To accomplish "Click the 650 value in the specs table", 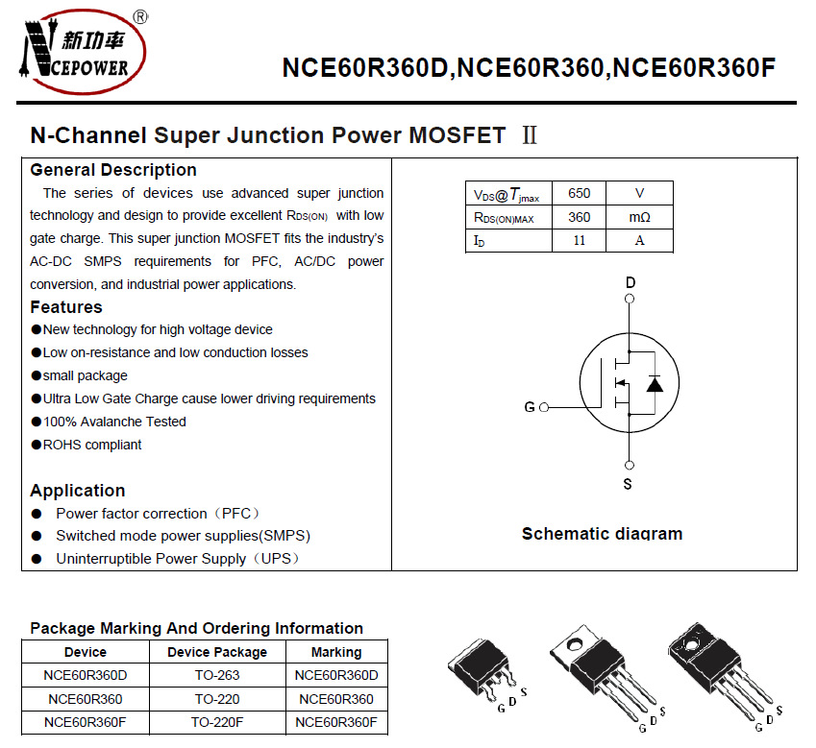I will click(579, 193).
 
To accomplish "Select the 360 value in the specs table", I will click(579, 217).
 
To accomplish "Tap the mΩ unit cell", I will click(639, 217).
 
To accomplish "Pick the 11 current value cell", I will click(579, 240).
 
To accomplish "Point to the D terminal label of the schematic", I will click(631, 282).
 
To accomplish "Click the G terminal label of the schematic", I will click(529, 407).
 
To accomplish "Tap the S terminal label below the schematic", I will click(628, 484).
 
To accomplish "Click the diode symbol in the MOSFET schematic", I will click(655, 385).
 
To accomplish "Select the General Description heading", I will click(113, 170).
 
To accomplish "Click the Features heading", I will click(65, 307).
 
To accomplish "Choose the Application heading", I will click(77, 491).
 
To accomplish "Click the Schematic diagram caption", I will click(602, 534).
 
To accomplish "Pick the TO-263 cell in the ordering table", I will click(217, 675).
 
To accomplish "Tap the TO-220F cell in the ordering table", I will click(217, 722).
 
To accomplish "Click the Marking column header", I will click(336, 652).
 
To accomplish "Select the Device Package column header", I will click(217, 652).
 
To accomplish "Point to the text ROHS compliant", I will click(92, 445).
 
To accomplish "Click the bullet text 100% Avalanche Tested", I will click(114, 422).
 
